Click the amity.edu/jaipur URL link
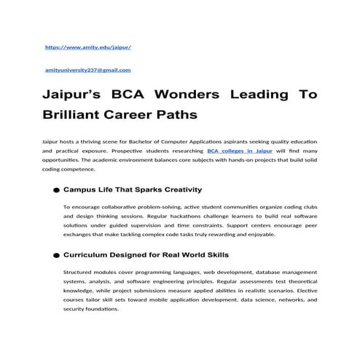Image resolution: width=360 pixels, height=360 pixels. (87, 47)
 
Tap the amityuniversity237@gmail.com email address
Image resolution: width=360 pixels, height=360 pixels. (87, 70)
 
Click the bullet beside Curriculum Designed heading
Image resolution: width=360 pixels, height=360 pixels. (56, 256)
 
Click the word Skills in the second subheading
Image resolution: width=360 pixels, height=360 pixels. (214, 255)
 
